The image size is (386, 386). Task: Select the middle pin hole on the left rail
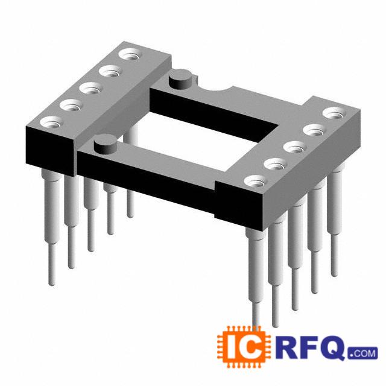click(x=91, y=89)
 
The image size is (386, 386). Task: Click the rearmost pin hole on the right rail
click(x=334, y=114)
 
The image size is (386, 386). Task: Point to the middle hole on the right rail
click(x=295, y=148)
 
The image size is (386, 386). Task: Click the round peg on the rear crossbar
click(x=180, y=79)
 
